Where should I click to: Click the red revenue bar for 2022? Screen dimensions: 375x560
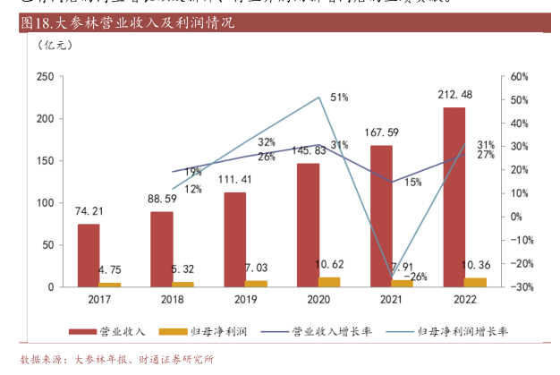[454, 197]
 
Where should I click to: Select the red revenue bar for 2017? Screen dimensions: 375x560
[89, 255]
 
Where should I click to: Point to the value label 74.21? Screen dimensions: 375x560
[89, 211]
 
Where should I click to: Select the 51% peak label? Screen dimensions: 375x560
[339, 97]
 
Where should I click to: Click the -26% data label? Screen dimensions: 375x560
[414, 277]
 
